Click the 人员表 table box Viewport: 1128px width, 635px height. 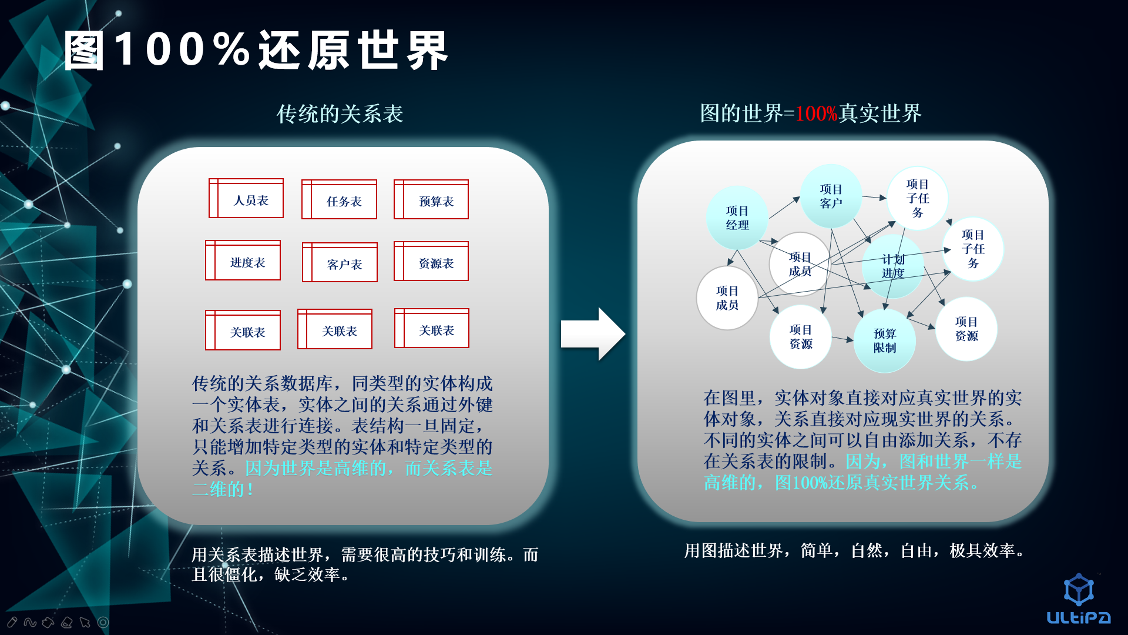(246, 199)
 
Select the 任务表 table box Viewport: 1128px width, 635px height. (339, 200)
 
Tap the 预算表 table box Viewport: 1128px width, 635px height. (431, 200)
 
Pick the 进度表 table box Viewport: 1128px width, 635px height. (243, 260)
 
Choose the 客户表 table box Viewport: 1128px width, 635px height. (340, 263)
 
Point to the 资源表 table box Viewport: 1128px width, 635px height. (431, 262)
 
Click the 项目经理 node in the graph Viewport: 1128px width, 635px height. (737, 218)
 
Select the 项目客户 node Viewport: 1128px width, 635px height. (831, 196)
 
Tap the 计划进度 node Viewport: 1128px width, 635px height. (892, 266)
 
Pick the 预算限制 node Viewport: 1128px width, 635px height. (884, 341)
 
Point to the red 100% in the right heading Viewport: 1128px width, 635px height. (816, 113)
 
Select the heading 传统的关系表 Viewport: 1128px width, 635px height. (340, 114)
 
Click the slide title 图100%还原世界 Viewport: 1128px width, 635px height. (256, 51)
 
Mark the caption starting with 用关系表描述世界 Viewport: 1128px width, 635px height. (364, 564)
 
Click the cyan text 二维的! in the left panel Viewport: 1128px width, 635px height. (223, 489)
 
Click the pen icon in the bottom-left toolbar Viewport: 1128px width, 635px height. (12, 622)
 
